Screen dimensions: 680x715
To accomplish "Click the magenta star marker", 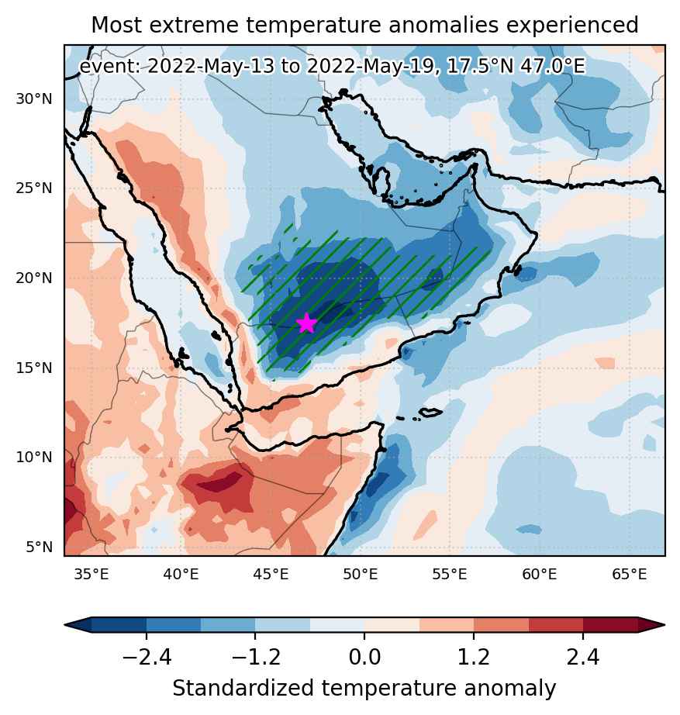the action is pos(306,323).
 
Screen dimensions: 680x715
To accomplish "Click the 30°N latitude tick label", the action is pos(34,99).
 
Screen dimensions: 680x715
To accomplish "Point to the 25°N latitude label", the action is pos(34,188).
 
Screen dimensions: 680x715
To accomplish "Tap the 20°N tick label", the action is pos(34,278).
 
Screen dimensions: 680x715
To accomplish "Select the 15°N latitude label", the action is pos(34,368).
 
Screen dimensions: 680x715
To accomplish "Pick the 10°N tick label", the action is pos(34,457).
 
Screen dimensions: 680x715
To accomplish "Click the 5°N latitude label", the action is pos(39,547).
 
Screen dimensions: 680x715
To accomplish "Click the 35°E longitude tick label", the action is pos(91,574).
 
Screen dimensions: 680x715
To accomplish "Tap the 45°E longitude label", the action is pos(271,574).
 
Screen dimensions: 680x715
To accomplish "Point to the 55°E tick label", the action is pos(450,574).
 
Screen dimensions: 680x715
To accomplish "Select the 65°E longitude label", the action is pos(629,574).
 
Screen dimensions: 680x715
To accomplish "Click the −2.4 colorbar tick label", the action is pos(147,657).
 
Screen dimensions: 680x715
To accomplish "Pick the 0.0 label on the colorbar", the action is pos(364,657).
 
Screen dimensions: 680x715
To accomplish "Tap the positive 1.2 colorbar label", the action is pos(474,657).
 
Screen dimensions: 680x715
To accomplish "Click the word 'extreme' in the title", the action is pos(193,25).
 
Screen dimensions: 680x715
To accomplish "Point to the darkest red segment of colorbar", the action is pos(610,625).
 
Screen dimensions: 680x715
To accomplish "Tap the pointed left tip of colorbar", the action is pos(65,625).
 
